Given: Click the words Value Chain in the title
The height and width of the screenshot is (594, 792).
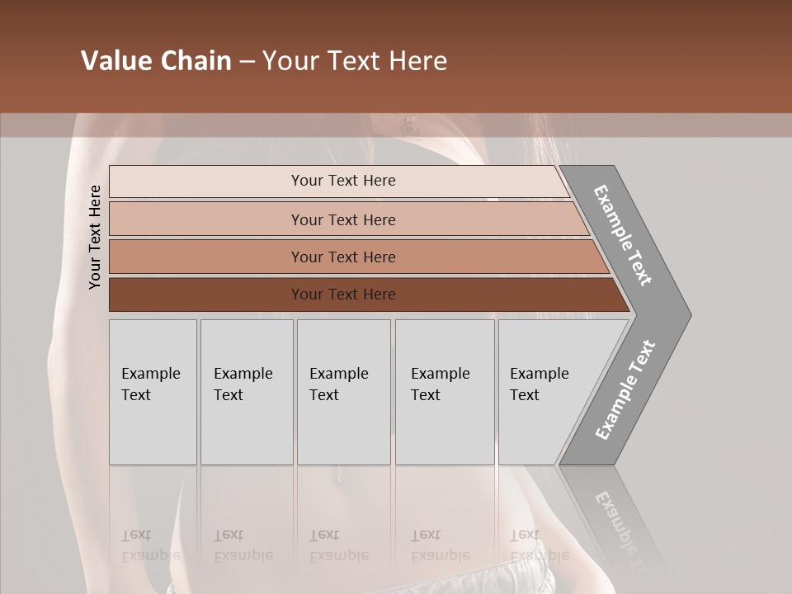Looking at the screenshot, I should click(156, 61).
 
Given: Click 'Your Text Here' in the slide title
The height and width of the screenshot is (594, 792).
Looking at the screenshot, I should click(355, 61).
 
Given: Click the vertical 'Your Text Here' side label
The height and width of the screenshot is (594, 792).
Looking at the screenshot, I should click(95, 238).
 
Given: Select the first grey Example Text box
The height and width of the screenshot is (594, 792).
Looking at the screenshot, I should click(153, 392).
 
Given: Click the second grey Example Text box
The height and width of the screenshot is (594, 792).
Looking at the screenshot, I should click(247, 392).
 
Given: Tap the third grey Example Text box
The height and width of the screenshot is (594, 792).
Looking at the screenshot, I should click(343, 392).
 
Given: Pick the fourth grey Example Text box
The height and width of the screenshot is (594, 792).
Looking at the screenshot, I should click(445, 392).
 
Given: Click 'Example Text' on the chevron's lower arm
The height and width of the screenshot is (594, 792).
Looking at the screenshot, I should click(625, 390).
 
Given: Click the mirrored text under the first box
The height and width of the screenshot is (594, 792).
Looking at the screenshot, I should click(149, 545).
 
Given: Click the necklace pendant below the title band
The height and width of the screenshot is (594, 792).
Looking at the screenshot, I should click(408, 125).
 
